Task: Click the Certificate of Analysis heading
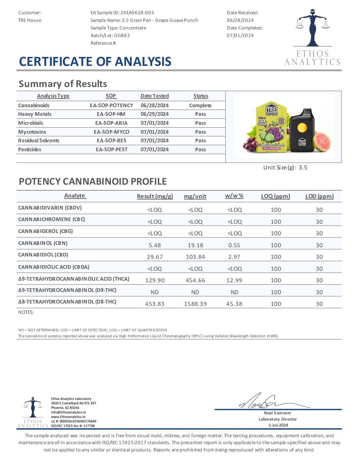click(x=95, y=62)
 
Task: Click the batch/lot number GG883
click(x=122, y=35)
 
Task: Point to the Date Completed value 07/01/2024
click(x=240, y=35)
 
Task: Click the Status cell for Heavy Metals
click(x=201, y=114)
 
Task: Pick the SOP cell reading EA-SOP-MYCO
click(x=112, y=132)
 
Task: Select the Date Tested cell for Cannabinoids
click(x=155, y=105)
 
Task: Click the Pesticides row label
click(x=30, y=149)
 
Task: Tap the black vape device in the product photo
click(x=301, y=130)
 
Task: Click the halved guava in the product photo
click(x=322, y=141)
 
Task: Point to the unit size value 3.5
click(x=303, y=167)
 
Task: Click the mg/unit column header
click(x=195, y=196)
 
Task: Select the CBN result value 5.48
click(x=155, y=245)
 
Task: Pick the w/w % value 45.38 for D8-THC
click(x=234, y=304)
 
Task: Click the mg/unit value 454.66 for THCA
click(x=195, y=280)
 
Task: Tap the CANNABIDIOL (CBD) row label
click(x=43, y=255)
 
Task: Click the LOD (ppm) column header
click(x=319, y=196)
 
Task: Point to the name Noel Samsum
click(x=277, y=413)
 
